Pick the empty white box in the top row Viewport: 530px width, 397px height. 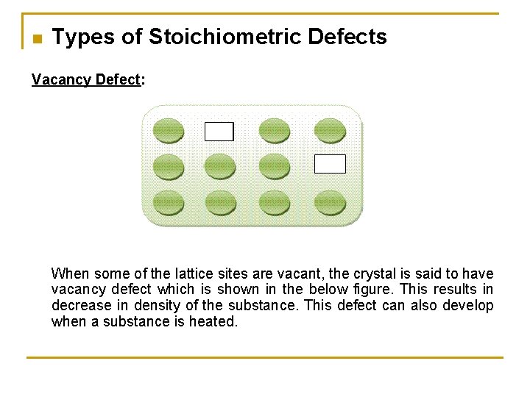pyautogui.click(x=219, y=131)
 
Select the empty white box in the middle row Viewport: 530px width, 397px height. pyautogui.click(x=330, y=164)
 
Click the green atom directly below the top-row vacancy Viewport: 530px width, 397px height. pyautogui.click(x=220, y=166)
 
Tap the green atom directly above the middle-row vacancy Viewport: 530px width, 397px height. pyautogui.click(x=330, y=131)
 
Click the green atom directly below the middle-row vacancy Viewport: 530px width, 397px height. pyautogui.click(x=330, y=202)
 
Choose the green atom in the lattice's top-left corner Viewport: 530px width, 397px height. pyautogui.click(x=169, y=131)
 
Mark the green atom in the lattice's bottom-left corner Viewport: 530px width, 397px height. pyautogui.click(x=169, y=202)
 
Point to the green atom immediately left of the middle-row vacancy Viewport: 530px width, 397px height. pyautogui.click(x=275, y=166)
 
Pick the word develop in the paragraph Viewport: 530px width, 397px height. pyautogui.click(x=469, y=306)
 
